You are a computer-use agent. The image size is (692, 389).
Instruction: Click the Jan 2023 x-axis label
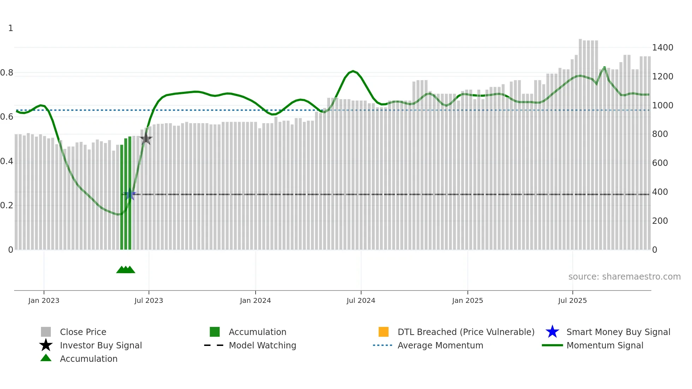pos(44,300)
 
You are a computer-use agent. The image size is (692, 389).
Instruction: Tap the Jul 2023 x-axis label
pos(149,300)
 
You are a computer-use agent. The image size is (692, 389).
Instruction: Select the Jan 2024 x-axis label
pos(255,300)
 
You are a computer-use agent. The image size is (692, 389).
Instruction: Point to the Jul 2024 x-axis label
pos(361,300)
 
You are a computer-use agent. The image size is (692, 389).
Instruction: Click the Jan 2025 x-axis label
pos(467,300)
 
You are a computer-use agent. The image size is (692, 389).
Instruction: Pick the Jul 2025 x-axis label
pos(572,300)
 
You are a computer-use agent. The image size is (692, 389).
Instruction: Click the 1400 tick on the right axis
pos(663,48)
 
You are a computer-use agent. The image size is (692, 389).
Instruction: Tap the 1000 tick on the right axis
pos(663,106)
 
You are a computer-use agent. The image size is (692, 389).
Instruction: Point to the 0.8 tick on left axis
pos(7,73)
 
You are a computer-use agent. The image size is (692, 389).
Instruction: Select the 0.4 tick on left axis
pos(7,161)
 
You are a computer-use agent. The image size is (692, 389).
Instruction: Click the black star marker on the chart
pos(146,139)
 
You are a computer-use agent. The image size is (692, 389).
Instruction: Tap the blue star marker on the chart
pos(130,194)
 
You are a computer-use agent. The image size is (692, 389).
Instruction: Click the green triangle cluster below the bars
pos(126,270)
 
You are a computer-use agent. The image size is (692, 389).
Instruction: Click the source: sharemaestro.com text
pos(624,277)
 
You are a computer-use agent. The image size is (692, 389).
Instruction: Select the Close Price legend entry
pos(83,332)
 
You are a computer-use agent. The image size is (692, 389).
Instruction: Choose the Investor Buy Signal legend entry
pos(101,345)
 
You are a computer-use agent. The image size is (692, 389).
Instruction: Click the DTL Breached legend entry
pos(466,332)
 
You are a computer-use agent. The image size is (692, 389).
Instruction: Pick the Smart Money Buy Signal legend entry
pos(618,332)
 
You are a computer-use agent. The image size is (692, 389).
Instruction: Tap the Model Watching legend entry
pos(262,345)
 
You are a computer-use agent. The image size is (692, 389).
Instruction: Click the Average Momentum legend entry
pos(440,345)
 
